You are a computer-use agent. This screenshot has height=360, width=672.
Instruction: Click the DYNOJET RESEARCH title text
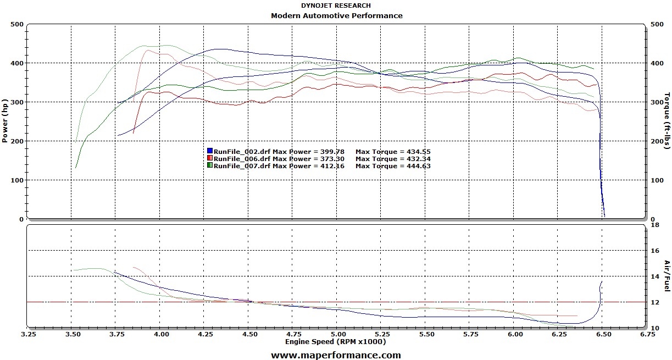[x=336, y=5]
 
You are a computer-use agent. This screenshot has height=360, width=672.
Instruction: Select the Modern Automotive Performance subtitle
[x=336, y=15]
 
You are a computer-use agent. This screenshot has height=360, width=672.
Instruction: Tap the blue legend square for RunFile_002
[x=210, y=151]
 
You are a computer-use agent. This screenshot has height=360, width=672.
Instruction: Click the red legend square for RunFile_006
[x=210, y=158]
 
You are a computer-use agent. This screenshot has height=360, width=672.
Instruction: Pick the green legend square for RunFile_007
[x=210, y=165]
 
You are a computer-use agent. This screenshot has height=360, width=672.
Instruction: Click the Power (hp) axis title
[x=5, y=121]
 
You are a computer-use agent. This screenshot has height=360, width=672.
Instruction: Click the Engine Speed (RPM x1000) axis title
[x=335, y=341]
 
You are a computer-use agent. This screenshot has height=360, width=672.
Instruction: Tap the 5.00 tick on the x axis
[x=338, y=334]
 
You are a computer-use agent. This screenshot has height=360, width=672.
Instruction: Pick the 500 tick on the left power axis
[x=16, y=24]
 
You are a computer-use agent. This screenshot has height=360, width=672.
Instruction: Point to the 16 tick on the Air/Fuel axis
[x=654, y=251]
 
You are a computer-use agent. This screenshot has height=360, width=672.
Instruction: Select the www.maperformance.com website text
[x=336, y=355]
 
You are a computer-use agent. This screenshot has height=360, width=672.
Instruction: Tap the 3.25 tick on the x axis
[x=28, y=334]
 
